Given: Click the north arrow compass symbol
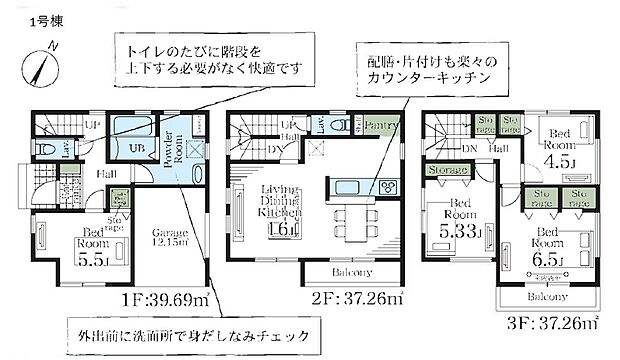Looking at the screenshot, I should click(x=39, y=68).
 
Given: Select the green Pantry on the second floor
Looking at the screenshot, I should click(x=383, y=126).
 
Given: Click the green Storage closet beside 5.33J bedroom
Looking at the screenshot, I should click(x=446, y=171).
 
